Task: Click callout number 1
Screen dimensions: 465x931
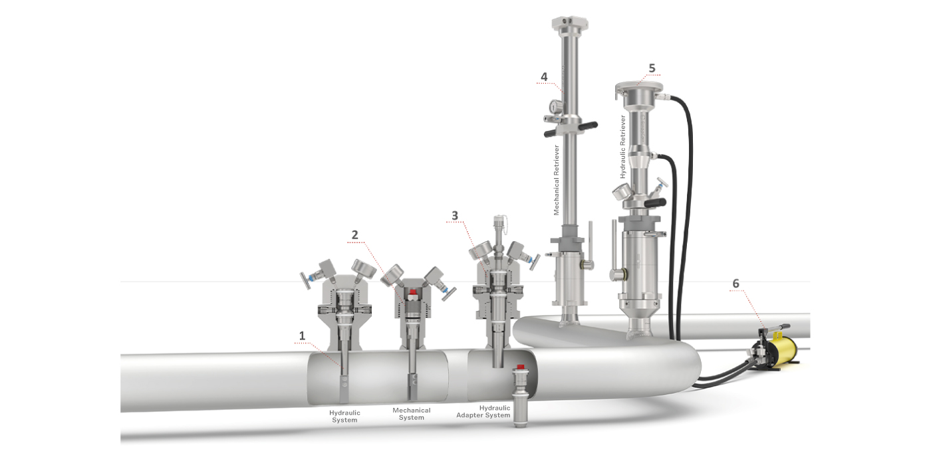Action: (302, 336)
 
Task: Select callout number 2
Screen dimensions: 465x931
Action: (354, 234)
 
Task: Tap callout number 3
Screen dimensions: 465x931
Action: (455, 215)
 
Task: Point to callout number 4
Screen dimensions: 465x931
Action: (544, 76)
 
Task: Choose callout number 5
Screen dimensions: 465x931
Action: (652, 68)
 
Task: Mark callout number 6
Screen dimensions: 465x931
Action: (735, 283)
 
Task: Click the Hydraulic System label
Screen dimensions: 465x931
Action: (344, 417)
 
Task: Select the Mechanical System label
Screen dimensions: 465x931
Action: (412, 414)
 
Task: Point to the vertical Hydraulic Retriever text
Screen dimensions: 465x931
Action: (623, 147)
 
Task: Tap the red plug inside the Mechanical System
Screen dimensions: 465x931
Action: (413, 293)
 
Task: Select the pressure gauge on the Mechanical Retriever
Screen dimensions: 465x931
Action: (553, 106)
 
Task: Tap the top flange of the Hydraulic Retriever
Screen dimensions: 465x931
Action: (639, 88)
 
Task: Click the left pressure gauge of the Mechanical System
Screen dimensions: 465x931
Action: (392, 274)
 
